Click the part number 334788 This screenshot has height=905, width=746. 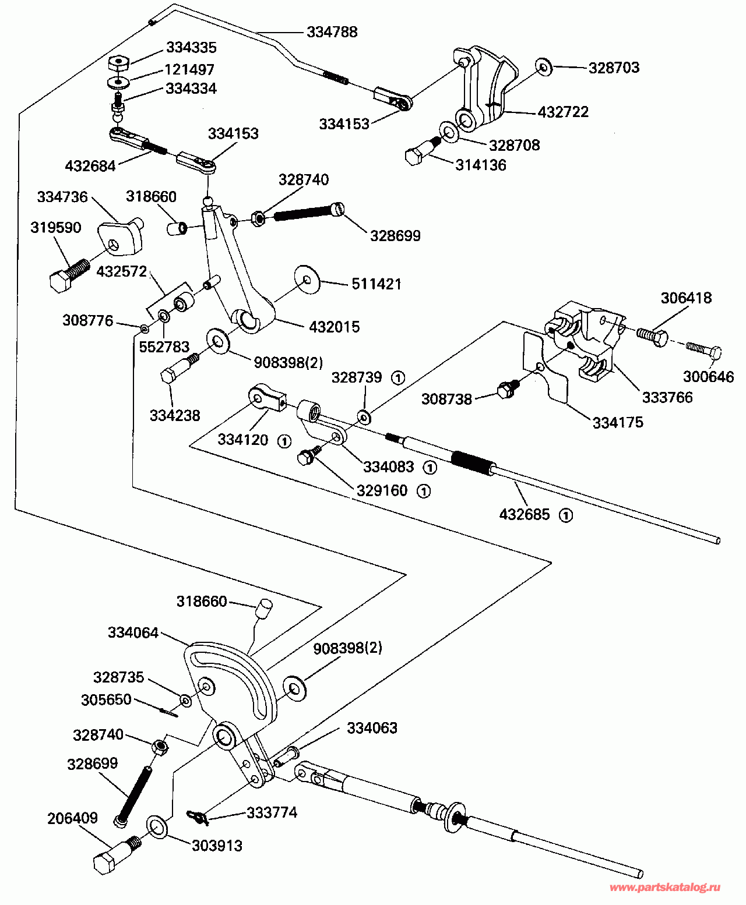coord(332,31)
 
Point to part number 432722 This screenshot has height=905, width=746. coord(562,112)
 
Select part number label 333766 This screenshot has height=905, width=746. coord(667,397)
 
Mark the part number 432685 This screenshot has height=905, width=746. coord(524,514)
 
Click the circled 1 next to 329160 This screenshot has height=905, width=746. coord(424,491)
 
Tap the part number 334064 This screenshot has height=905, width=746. coord(133,632)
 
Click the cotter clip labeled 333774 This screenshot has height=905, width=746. coord(198,818)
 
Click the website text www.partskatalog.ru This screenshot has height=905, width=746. coord(664,888)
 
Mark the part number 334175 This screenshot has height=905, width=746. coord(618,422)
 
